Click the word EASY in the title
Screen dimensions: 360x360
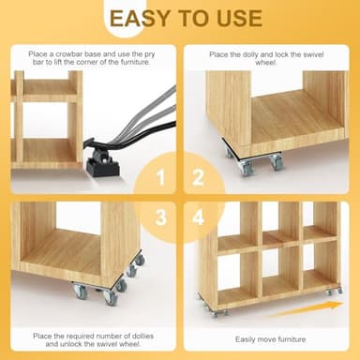141,19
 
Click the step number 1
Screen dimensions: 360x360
160,177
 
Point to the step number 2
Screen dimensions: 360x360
197,177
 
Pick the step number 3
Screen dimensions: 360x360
160,217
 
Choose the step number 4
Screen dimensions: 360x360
198,217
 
